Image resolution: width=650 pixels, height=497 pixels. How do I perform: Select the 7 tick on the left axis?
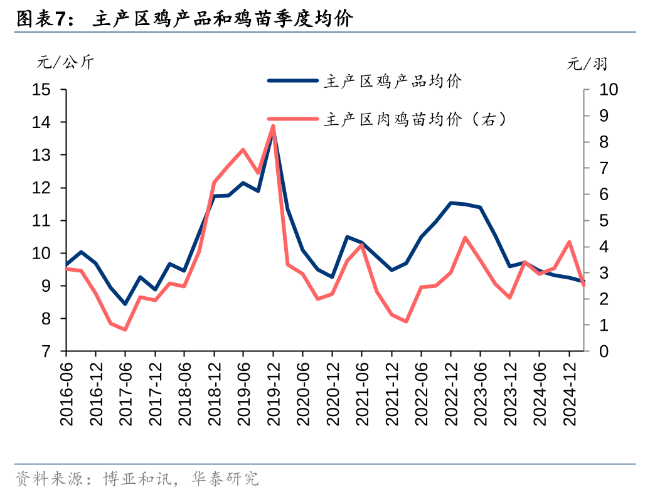(x=46, y=351)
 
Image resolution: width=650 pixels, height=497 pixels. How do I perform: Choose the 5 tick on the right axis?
(x=604, y=221)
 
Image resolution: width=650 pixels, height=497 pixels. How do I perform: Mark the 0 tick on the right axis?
(x=604, y=351)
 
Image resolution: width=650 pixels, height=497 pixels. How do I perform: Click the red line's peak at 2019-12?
(x=273, y=126)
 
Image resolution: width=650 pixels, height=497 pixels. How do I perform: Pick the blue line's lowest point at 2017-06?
(x=125, y=304)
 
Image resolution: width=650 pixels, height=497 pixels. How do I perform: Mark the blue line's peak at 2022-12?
(x=450, y=203)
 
